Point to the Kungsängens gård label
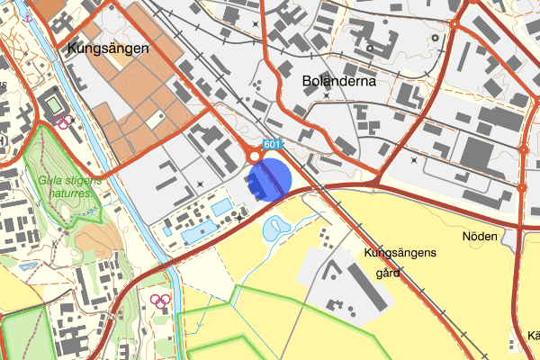(400, 260)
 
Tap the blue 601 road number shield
(274, 145)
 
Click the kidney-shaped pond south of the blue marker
(273, 229)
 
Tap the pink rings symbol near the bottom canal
(160, 301)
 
